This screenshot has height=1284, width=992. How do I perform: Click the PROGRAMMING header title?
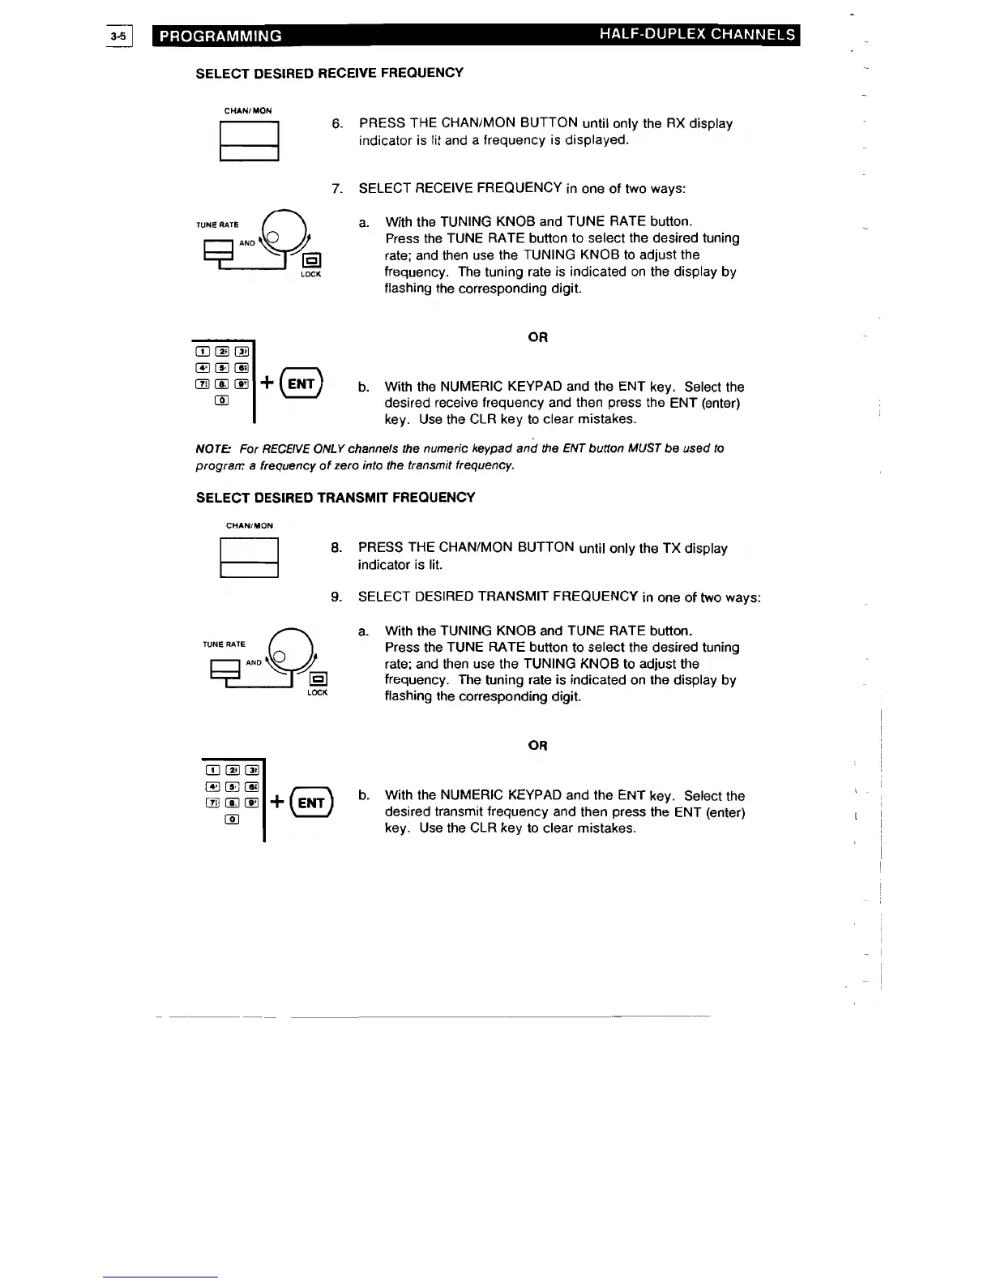(x=220, y=36)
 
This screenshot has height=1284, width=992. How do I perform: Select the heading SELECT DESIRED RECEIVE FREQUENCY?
(x=330, y=73)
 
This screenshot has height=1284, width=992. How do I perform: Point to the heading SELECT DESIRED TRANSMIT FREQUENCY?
(x=336, y=498)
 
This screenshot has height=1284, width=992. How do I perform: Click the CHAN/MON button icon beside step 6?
(x=250, y=141)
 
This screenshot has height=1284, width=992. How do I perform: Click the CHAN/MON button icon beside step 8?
(x=250, y=557)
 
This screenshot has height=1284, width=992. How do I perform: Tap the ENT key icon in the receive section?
(x=301, y=383)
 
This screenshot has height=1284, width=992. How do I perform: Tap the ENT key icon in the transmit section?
(x=311, y=802)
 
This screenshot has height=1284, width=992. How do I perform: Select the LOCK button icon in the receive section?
(x=311, y=261)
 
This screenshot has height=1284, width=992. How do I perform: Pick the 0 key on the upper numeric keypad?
(x=221, y=400)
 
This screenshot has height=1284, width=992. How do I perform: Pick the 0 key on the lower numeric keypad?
(x=232, y=820)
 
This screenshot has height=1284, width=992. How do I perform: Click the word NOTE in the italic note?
(x=211, y=448)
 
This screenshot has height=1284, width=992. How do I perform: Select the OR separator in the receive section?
(x=537, y=337)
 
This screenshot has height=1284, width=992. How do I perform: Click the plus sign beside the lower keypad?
(x=276, y=802)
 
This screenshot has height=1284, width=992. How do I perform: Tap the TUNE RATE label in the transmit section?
(x=224, y=644)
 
